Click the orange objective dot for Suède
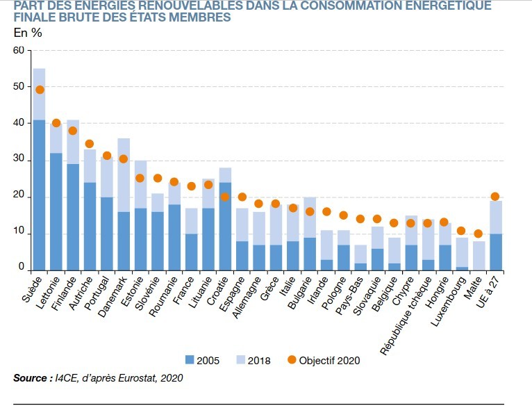point(40,90)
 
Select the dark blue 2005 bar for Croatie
point(225,227)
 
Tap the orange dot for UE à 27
point(495,197)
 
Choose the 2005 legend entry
point(203,360)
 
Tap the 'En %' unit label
point(28,32)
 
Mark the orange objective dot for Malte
point(478,234)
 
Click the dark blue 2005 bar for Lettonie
point(56,211)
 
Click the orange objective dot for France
point(191,186)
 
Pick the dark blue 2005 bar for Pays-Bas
point(360,266)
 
